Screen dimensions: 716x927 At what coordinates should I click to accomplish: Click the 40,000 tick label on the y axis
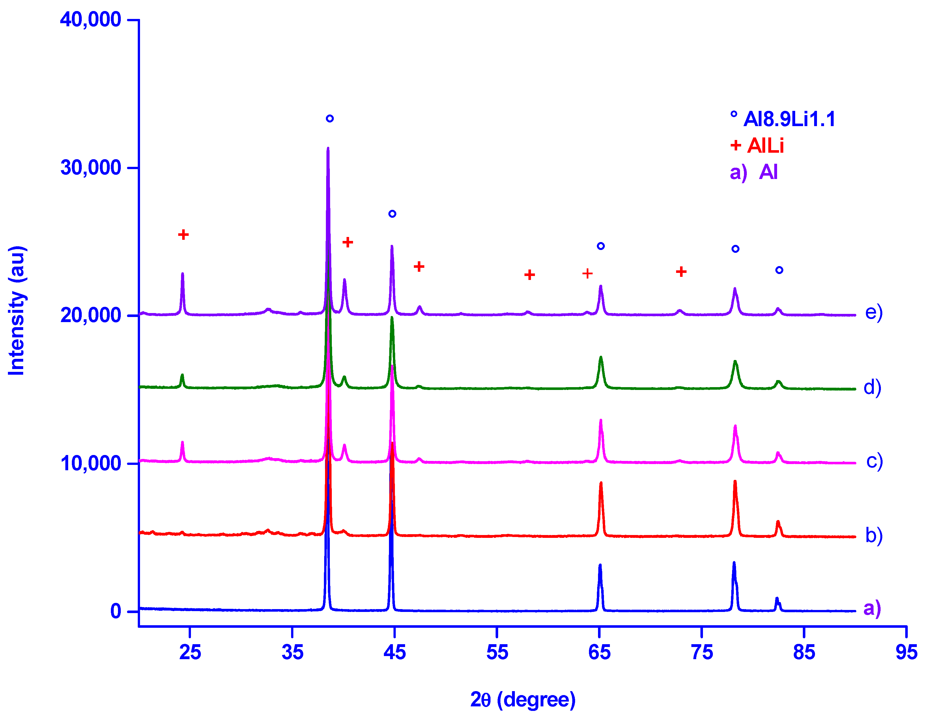pos(91,20)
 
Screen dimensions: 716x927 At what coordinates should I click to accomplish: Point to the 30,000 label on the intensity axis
pos(91,168)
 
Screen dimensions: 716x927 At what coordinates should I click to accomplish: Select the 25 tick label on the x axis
pos(190,652)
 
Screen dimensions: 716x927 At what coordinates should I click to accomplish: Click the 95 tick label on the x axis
pos(906,652)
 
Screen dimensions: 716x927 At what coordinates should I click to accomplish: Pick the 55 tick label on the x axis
pos(497,652)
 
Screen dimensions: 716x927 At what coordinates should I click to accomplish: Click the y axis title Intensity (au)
pos(17,311)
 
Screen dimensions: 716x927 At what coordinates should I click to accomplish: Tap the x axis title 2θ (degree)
pos(522,699)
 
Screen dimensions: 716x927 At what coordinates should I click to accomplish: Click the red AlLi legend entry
pos(765,146)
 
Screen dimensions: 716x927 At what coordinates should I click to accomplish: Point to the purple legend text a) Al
pos(753,172)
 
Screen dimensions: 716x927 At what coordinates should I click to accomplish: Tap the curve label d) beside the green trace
pos(872,387)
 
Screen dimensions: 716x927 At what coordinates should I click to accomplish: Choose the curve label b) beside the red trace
pos(874,535)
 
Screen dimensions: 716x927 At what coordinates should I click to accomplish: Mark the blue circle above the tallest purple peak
pos(330,118)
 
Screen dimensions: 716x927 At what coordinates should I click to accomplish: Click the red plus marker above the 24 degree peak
pos(183,235)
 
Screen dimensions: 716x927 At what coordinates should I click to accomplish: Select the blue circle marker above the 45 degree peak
pos(392,213)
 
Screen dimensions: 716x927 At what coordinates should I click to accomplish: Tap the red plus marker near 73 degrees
pos(681,272)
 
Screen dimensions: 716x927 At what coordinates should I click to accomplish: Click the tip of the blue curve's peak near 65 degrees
pos(600,565)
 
